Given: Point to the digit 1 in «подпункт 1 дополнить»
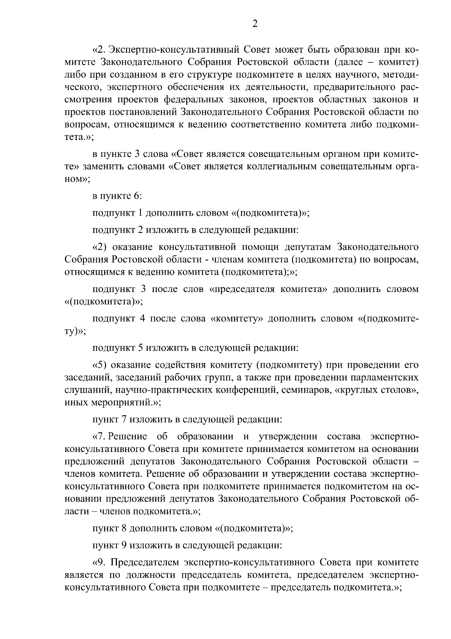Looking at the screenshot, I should (x=140, y=213).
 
